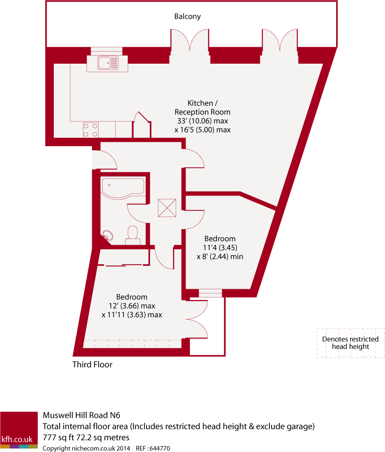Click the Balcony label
[187, 17]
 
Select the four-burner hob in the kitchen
[90, 130]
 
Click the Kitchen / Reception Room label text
[202, 108]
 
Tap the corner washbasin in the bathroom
[108, 235]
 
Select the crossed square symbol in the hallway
[167, 208]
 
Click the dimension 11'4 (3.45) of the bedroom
[220, 248]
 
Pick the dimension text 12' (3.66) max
[131, 306]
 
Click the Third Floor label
[92, 365]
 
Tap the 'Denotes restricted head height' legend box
[350, 343]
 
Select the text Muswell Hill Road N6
[82, 415]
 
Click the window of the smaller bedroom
[210, 293]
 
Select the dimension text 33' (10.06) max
[202, 121]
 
